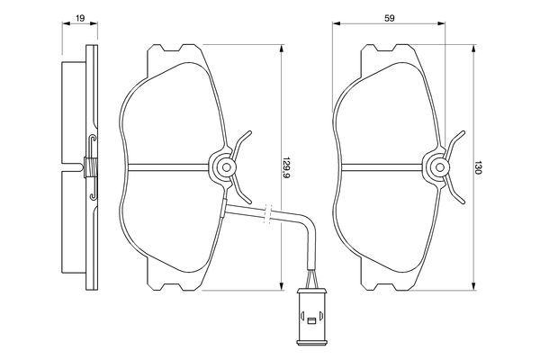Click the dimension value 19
click(x=80, y=18)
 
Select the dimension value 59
click(x=389, y=18)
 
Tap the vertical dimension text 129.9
click(x=286, y=167)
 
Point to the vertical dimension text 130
click(x=477, y=167)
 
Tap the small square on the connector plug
click(x=311, y=321)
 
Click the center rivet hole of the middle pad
click(x=226, y=167)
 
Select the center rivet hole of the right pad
click(x=440, y=167)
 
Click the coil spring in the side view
click(x=91, y=167)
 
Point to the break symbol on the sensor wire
click(x=268, y=213)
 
